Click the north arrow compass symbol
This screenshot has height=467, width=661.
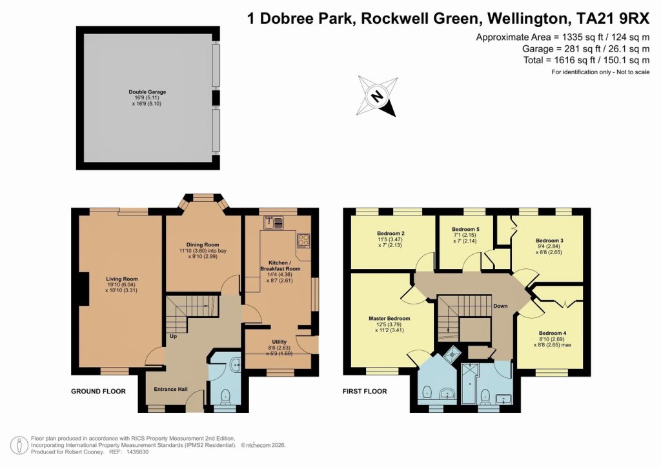click(378, 95)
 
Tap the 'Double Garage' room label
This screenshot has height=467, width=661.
click(147, 92)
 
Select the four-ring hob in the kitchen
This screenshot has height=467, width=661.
click(303, 241)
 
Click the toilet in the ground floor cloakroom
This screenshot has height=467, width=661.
click(226, 395)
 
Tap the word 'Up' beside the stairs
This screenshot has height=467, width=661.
click(172, 337)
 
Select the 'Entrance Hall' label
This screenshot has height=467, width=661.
click(170, 390)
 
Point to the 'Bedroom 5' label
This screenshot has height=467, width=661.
click(465, 230)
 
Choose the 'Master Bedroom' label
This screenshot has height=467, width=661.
click(389, 319)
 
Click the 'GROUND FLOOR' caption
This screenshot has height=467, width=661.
click(98, 392)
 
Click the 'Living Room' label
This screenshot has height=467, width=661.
click(122, 279)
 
